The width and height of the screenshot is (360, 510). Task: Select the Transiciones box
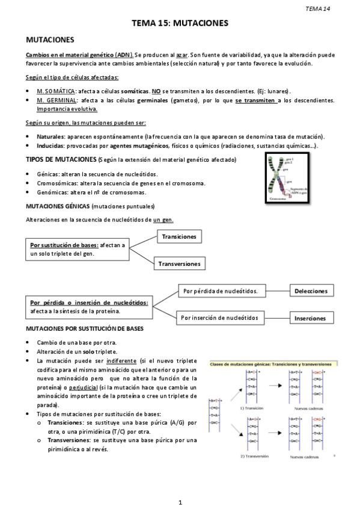[x=179, y=237]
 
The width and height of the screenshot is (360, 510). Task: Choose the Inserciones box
[x=310, y=318]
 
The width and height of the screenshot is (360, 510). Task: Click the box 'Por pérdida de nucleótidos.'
[x=220, y=291]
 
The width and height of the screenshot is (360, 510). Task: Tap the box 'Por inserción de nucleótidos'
[x=220, y=317]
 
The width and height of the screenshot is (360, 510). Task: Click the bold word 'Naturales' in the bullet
[x=50, y=137]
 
